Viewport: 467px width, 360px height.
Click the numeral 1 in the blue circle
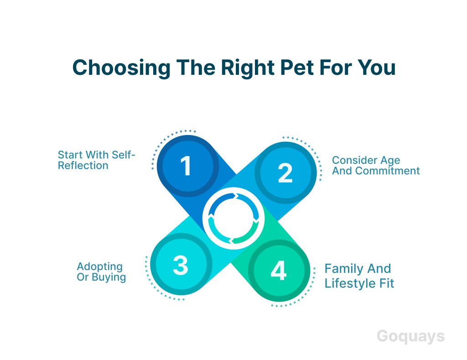(x=186, y=166)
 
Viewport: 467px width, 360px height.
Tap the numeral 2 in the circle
(x=285, y=173)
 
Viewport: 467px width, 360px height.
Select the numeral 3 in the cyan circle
(x=181, y=265)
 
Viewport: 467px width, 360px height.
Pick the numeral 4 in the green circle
(x=279, y=271)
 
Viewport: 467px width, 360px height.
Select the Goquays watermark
(x=411, y=337)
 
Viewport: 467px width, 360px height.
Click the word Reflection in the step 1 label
(x=83, y=165)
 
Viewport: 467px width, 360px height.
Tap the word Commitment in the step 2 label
(x=388, y=171)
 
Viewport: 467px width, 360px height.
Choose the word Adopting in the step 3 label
(x=100, y=267)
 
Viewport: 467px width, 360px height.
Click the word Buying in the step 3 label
(x=109, y=277)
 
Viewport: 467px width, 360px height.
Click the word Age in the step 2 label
(x=390, y=161)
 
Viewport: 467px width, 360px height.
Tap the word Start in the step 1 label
(x=70, y=155)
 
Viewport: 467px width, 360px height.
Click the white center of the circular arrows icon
(x=233, y=218)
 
